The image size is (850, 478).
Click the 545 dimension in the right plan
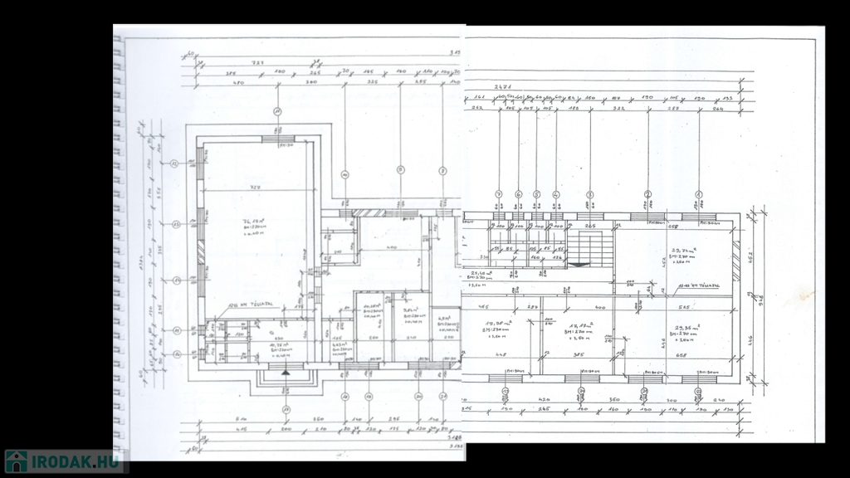click(682, 309)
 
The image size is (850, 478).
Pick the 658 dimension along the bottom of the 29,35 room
click(682, 356)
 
